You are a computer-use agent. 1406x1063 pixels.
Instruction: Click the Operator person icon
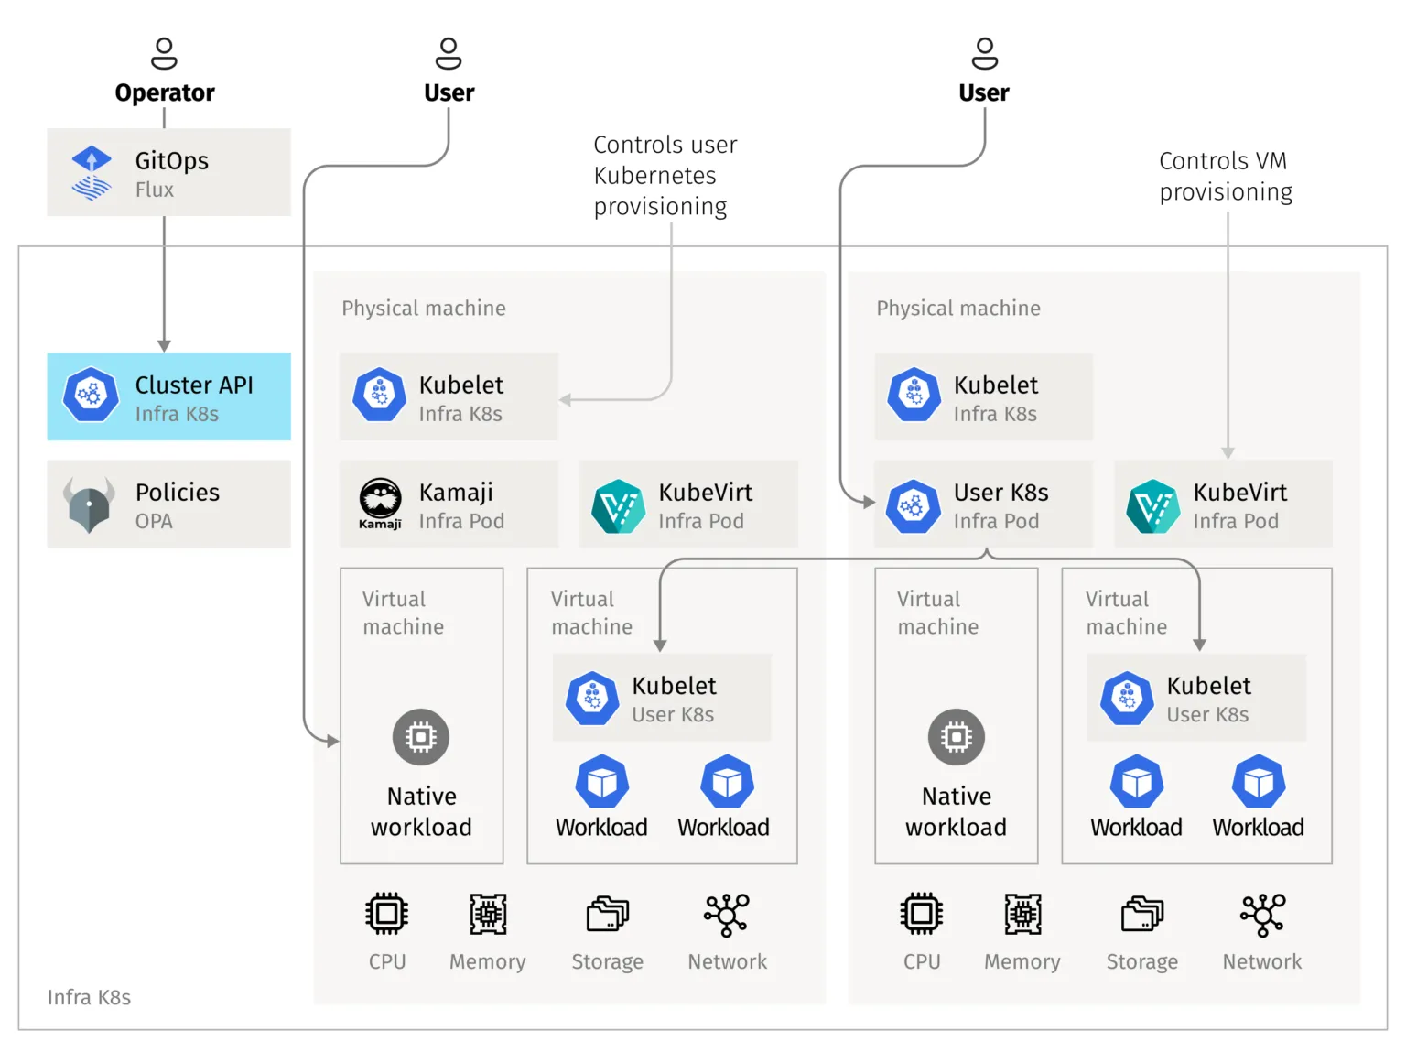tap(164, 53)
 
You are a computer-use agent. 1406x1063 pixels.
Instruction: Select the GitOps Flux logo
tap(92, 173)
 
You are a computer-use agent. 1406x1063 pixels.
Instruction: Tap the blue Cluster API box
tap(168, 396)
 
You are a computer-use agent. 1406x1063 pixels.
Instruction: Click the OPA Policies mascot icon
tap(89, 504)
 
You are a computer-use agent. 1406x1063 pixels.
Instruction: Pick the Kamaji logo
tap(380, 502)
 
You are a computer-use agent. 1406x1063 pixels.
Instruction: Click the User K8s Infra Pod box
tap(983, 504)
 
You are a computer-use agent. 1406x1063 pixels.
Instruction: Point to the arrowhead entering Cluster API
tap(164, 345)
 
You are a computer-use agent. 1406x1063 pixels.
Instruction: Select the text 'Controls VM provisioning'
tap(1225, 176)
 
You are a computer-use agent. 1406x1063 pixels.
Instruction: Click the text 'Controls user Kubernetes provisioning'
tap(665, 175)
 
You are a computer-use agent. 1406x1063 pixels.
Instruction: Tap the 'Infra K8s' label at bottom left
tap(89, 997)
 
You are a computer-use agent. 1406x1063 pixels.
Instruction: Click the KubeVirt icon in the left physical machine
tap(618, 505)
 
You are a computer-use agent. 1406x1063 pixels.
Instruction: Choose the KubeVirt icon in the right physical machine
tap(1152, 505)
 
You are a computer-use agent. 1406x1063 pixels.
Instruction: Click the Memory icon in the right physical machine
tap(1022, 914)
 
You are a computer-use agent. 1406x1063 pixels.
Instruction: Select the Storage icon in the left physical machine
tap(608, 914)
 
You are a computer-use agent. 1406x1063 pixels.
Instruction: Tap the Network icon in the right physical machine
tap(1262, 914)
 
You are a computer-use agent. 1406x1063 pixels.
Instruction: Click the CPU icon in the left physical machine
tap(387, 914)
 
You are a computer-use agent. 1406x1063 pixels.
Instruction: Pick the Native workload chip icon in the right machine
tap(956, 737)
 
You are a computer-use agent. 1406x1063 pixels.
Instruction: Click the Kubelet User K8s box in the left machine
tap(661, 698)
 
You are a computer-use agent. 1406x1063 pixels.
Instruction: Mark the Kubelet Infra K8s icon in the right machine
tap(914, 395)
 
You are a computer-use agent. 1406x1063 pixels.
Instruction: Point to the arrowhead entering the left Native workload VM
tap(333, 741)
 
